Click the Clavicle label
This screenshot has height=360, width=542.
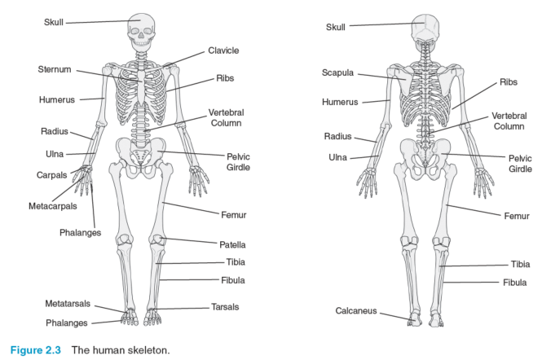click(x=223, y=50)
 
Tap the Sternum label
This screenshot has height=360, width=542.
click(x=55, y=69)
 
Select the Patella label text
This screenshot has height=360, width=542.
click(x=232, y=245)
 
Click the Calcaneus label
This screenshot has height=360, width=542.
click(x=355, y=311)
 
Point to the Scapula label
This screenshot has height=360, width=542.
click(x=337, y=73)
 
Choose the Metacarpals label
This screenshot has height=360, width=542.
click(x=52, y=206)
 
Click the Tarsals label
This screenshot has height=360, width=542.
click(x=225, y=307)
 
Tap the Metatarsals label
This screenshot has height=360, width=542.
click(x=68, y=304)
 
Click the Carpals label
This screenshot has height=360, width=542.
click(x=51, y=175)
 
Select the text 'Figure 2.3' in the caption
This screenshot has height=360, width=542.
click(x=36, y=350)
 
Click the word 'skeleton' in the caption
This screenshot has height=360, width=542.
click(x=148, y=350)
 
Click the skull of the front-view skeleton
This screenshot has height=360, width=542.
click(x=141, y=30)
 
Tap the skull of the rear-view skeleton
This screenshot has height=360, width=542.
click(x=425, y=29)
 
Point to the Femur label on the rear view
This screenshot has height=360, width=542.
click(x=517, y=217)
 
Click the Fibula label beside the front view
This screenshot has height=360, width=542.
click(x=232, y=280)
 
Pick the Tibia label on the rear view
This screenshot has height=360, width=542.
click(x=520, y=265)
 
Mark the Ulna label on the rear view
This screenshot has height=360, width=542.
click(x=337, y=157)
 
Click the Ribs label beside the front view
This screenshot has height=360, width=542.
click(x=225, y=78)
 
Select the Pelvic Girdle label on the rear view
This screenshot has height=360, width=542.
click(x=520, y=164)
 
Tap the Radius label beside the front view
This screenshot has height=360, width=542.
click(x=55, y=132)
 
